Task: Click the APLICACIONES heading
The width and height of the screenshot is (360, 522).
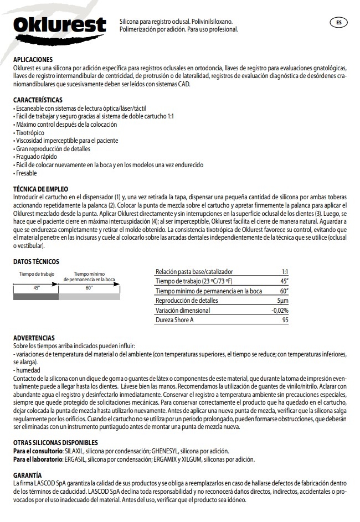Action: [x=33, y=59]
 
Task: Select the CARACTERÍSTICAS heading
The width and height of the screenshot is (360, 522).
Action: [x=37, y=99]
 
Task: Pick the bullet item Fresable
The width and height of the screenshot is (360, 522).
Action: [x=26, y=173]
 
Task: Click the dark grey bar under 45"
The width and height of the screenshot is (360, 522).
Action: [x=35, y=297]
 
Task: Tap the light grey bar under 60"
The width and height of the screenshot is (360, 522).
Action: [x=89, y=297]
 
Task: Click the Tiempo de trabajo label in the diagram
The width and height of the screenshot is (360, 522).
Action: [x=37, y=274]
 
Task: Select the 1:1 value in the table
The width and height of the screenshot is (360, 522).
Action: [x=285, y=272]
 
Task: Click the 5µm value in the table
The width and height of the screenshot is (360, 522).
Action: [x=283, y=301]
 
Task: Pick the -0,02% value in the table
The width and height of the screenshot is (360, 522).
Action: [x=280, y=311]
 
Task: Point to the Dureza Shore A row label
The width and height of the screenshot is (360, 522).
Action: [x=176, y=320]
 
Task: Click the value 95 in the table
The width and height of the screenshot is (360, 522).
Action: [x=285, y=320]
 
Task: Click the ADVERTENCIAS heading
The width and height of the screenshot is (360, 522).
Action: [x=33, y=338]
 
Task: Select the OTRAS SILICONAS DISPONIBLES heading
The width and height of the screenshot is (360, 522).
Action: [x=55, y=443]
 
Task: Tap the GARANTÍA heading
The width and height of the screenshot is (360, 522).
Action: [x=27, y=475]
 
